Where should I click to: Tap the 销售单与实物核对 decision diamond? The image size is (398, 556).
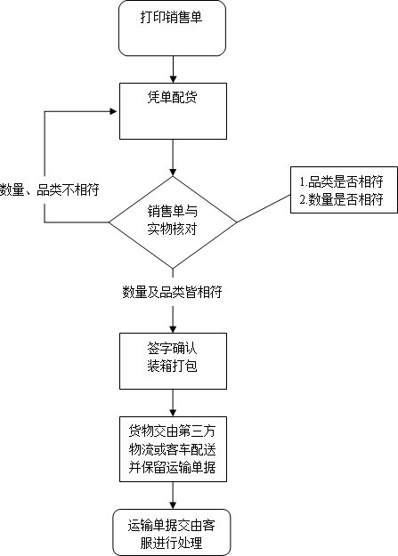click(172, 219)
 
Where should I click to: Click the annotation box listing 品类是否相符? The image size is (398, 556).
click(342, 190)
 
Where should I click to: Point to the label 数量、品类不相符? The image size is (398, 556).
click(50, 189)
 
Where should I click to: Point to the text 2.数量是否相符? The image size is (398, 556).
click(342, 200)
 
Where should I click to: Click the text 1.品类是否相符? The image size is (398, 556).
click(342, 181)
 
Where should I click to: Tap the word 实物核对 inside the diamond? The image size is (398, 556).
click(172, 229)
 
